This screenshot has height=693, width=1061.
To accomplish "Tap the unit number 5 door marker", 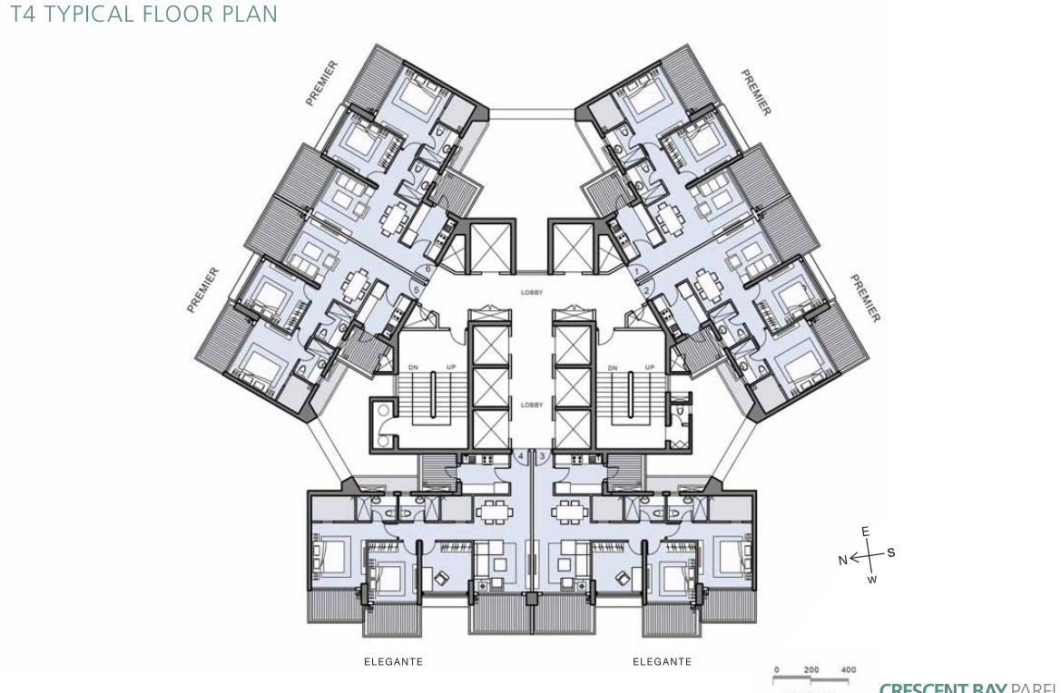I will pos(417,289).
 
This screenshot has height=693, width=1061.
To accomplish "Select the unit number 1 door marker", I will pos(637,271).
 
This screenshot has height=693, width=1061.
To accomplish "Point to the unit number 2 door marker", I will pos(647,290).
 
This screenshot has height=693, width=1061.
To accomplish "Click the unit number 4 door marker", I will pos(521,457).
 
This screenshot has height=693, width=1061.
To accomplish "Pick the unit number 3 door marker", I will pos(543,457).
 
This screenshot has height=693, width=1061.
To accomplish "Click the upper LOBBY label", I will pos(532,292).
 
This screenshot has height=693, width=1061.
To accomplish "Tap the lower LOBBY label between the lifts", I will pos(532,405).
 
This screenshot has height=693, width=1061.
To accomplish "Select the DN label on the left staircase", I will pos(414,367).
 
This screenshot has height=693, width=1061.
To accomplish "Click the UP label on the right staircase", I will pos(650,367).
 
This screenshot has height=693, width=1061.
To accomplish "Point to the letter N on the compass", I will pos(843,561).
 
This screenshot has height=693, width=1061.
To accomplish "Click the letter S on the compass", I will pos(891,552).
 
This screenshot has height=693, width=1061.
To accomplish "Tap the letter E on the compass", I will pos(865,532).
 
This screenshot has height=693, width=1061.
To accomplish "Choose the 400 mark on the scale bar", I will pos(848,670).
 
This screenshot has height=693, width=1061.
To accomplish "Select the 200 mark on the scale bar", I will pos(810,670).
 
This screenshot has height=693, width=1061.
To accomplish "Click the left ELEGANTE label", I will pos(393,662).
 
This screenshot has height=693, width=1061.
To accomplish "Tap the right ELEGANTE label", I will pos(662,662).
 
